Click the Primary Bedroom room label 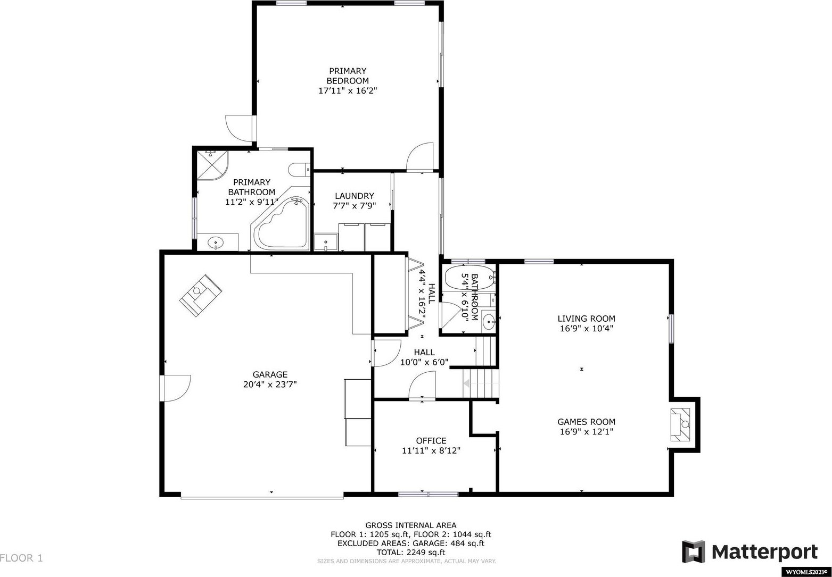tap(348, 76)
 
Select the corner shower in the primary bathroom tap(212, 165)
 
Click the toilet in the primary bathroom tap(299, 170)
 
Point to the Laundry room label tap(355, 196)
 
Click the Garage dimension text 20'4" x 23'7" tap(270, 384)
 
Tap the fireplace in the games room tap(680, 424)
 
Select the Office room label tap(431, 441)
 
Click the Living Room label tap(586, 319)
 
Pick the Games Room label tap(586, 422)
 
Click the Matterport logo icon tap(693, 552)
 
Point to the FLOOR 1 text tap(21, 558)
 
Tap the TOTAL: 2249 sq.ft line tap(411, 552)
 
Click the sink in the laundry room tap(326, 242)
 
